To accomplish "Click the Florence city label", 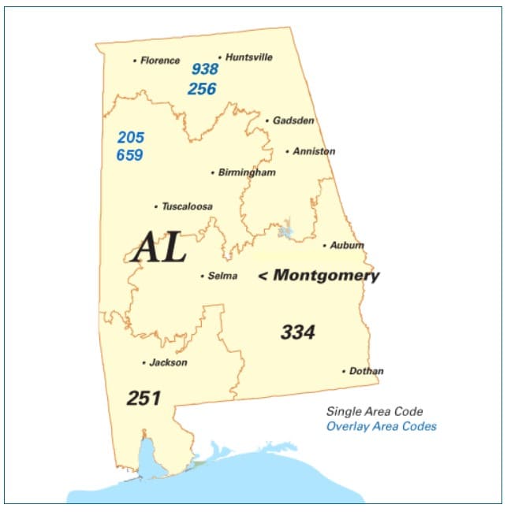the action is [x=160, y=61].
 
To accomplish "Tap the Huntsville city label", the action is [x=249, y=58].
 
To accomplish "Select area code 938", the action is [x=205, y=70].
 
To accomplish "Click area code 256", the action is [x=202, y=89].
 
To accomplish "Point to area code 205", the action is [x=130, y=137].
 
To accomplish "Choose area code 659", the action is [x=130, y=155].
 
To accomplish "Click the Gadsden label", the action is [x=293, y=121].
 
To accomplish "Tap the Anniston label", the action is [x=314, y=151].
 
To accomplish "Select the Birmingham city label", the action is [x=247, y=173].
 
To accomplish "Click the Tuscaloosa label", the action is [x=187, y=206].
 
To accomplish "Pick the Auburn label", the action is [x=347, y=246].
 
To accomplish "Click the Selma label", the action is [x=222, y=276].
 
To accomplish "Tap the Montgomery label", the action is [x=326, y=276].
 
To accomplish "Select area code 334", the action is [x=298, y=332].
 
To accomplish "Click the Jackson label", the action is [x=168, y=363].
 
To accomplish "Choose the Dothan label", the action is [x=367, y=371].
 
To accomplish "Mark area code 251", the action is [x=144, y=399].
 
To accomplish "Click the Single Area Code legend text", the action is [x=375, y=412].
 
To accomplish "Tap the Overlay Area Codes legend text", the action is [x=382, y=427].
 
